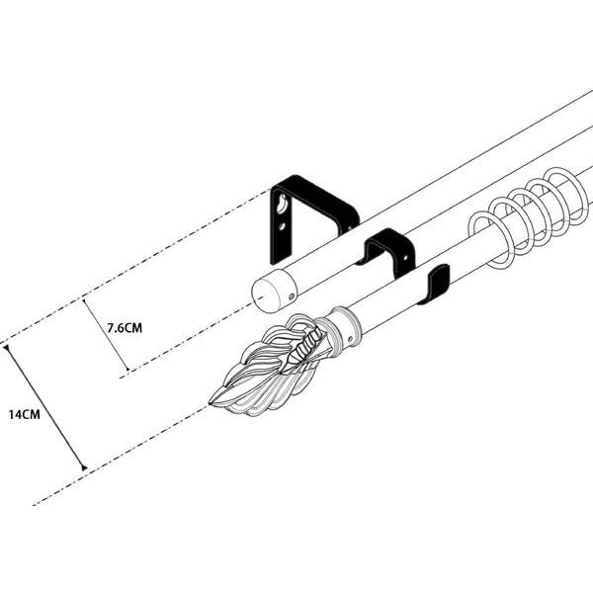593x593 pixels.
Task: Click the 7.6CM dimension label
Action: click(x=125, y=327)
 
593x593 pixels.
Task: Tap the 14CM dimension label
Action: click(x=24, y=414)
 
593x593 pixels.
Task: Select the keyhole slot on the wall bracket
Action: click(x=282, y=204)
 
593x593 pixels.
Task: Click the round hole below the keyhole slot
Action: click(x=282, y=226)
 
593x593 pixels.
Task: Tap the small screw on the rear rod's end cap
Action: click(x=292, y=296)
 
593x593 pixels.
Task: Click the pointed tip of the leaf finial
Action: click(x=211, y=404)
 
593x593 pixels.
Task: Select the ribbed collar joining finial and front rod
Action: click(x=342, y=326)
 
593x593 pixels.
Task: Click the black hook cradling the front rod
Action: click(x=437, y=283)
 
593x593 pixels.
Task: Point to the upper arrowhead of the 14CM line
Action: click(x=7, y=348)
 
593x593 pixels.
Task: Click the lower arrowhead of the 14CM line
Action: click(x=84, y=467)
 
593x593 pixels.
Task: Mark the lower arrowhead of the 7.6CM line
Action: click(x=127, y=369)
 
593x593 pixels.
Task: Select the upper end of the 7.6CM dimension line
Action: click(x=84, y=299)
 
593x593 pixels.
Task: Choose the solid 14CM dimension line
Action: click(x=45, y=407)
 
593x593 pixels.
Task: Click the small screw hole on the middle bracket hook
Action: click(x=405, y=258)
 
